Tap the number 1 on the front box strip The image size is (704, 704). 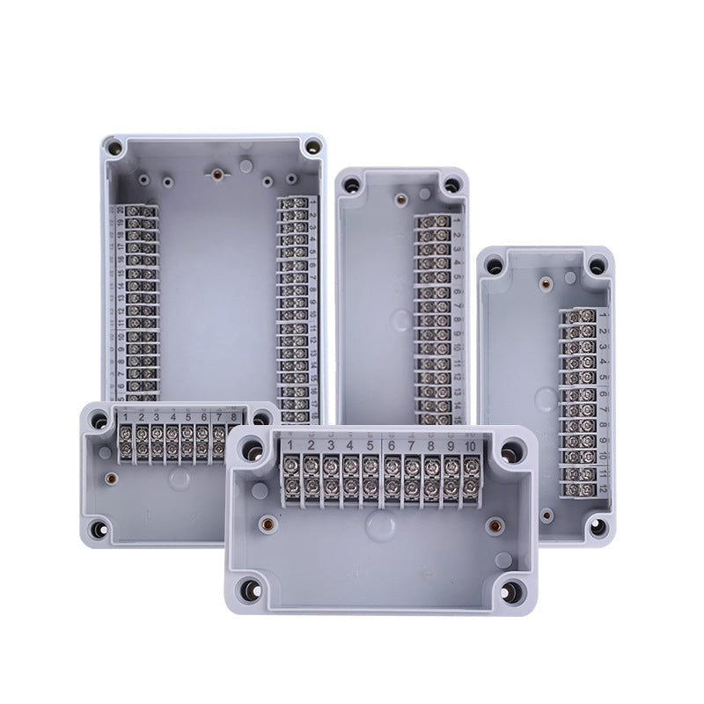[x=289, y=446]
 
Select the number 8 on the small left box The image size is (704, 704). [x=233, y=417]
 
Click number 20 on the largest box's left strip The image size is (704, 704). [x=121, y=210]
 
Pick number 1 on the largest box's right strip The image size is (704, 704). [x=313, y=203]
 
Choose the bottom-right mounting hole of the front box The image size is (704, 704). [x=509, y=590]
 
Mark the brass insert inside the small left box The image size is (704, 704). [x=111, y=480]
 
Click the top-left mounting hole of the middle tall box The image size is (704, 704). [x=351, y=186]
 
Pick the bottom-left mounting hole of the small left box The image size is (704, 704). [x=100, y=529]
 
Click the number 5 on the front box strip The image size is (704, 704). [x=370, y=446]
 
